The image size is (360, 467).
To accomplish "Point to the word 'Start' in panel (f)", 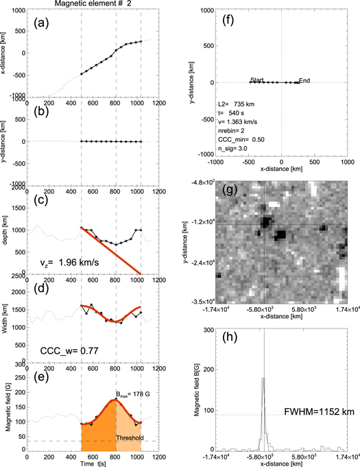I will (257, 80).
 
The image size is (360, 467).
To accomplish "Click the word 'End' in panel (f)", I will (304, 80).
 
